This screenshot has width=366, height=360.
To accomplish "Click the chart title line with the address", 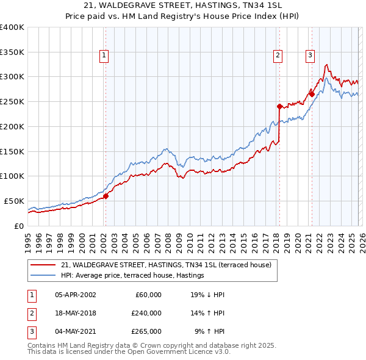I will click(183, 5).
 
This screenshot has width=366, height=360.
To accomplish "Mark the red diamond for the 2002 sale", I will click(106, 196).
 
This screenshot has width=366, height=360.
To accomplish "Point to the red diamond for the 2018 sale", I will click(279, 106).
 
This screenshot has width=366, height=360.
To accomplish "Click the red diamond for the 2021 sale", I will click(311, 94).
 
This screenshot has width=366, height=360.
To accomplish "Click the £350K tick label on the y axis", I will click(12, 52).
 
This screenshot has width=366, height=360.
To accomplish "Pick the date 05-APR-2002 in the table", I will click(75, 295).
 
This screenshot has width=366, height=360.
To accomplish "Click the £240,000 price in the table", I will click(146, 313).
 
